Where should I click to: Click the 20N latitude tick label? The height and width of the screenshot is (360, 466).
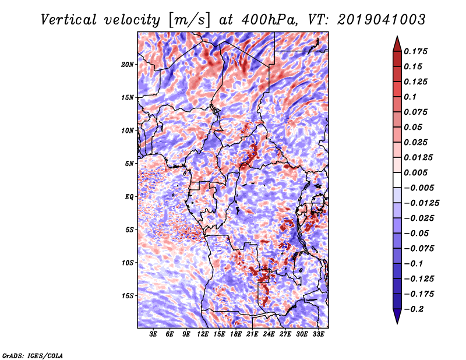(x=128, y=64)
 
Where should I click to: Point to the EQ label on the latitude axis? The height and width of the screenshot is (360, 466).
(x=129, y=197)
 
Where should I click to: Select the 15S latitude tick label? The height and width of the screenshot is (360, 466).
(x=128, y=296)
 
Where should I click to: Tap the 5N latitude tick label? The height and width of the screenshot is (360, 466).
(x=129, y=164)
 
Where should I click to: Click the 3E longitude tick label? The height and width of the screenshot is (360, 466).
(x=153, y=334)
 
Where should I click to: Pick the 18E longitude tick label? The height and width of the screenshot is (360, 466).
(x=236, y=334)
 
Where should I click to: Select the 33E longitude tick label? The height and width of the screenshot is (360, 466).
(x=318, y=334)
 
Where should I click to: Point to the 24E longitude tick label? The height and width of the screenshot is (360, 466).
(x=269, y=334)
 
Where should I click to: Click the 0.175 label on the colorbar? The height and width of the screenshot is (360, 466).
(x=415, y=51)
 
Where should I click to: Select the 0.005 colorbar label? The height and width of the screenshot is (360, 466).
(x=415, y=172)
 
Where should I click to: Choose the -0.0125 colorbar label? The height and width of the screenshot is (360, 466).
(x=421, y=203)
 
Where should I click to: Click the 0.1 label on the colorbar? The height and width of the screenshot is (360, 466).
(x=410, y=97)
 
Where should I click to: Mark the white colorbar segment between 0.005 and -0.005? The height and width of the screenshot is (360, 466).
(x=397, y=180)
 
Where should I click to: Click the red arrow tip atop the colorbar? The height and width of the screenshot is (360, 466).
(x=397, y=37)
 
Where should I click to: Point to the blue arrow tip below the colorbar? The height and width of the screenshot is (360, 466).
(x=397, y=323)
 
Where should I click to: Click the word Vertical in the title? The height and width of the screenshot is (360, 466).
(x=68, y=20)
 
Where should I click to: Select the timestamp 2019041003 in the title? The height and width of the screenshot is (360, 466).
(x=382, y=20)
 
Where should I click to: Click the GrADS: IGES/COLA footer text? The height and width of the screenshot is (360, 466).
(x=33, y=355)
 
